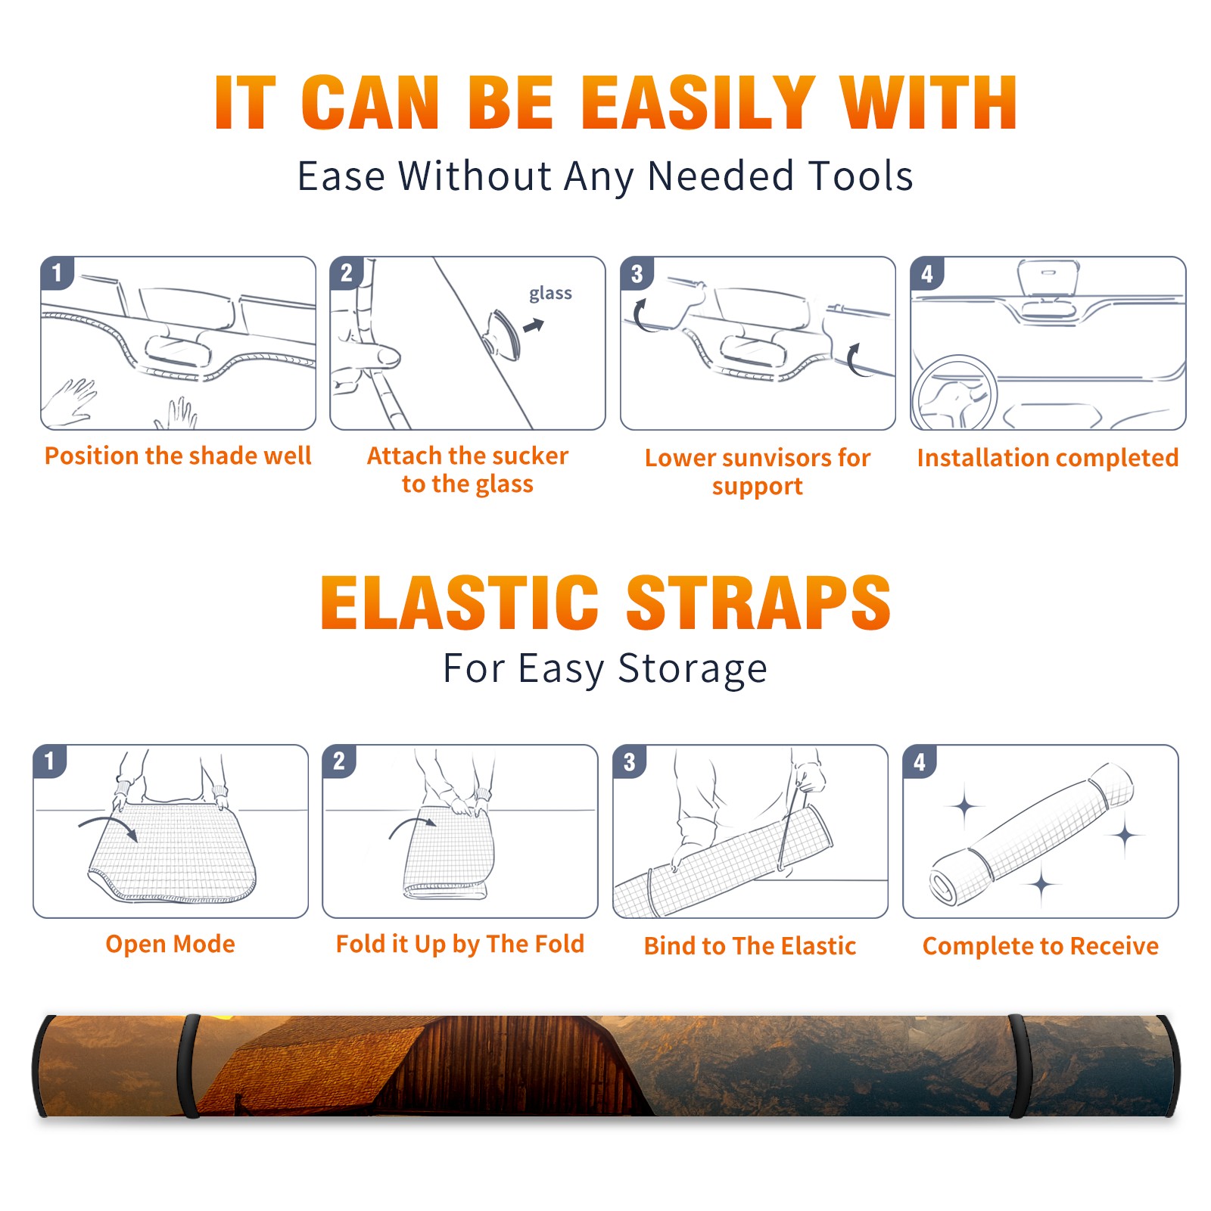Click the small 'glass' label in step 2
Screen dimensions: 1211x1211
tap(550, 294)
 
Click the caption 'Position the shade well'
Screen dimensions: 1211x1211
tap(178, 456)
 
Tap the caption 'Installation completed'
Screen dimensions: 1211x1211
tap(1048, 457)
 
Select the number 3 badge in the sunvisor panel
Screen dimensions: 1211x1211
tap(637, 273)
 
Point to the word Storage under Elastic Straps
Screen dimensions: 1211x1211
tap(693, 669)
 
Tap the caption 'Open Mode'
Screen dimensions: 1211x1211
tap(170, 944)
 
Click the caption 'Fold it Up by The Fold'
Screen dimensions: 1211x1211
tap(460, 944)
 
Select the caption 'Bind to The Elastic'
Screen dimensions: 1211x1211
tap(750, 946)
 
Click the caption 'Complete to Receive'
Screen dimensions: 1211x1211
tap(1041, 946)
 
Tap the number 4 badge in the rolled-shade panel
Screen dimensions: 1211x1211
tap(920, 761)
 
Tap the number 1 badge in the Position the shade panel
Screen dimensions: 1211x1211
tap(57, 273)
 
